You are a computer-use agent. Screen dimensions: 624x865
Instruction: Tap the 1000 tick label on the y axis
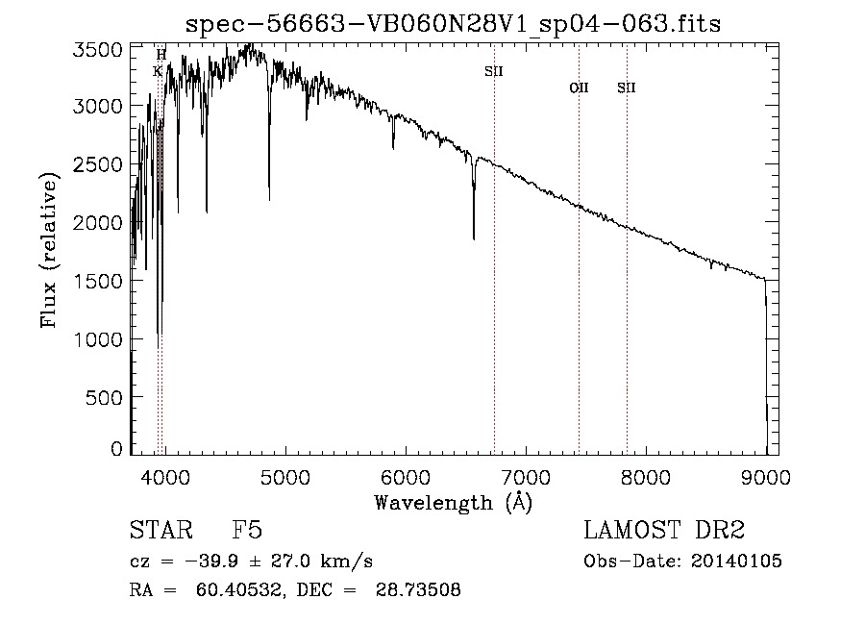pyautogui.click(x=99, y=338)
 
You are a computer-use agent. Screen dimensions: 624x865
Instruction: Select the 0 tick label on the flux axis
pyautogui.click(x=115, y=449)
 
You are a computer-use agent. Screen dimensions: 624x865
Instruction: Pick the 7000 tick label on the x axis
pyautogui.click(x=526, y=476)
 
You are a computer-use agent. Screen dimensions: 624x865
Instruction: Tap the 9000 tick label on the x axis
pyautogui.click(x=766, y=476)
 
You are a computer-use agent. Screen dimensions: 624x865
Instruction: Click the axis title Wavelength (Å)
pyautogui.click(x=453, y=502)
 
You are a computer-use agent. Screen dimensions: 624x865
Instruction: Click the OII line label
pyautogui.click(x=579, y=88)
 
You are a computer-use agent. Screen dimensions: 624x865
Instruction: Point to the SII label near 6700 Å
pyautogui.click(x=494, y=71)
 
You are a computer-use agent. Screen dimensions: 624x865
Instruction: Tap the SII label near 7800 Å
pyautogui.click(x=627, y=88)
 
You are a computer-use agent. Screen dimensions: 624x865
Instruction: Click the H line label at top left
pyautogui.click(x=161, y=55)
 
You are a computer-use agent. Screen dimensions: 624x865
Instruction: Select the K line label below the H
pyautogui.click(x=158, y=71)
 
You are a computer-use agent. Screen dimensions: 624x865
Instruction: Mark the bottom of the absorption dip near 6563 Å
pyautogui.click(x=474, y=238)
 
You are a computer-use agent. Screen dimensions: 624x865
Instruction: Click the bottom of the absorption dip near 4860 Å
pyautogui.click(x=269, y=199)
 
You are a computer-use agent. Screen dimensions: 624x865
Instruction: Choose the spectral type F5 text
pyautogui.click(x=248, y=531)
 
